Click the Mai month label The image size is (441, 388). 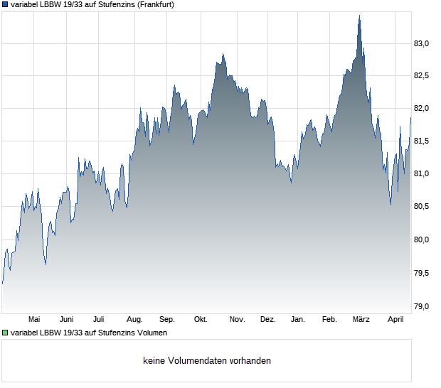click(33, 320)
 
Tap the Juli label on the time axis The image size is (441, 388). click(99, 320)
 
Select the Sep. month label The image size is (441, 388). click(167, 320)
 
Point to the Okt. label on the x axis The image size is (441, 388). click(201, 320)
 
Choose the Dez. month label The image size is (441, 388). click(267, 320)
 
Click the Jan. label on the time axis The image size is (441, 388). click(298, 320)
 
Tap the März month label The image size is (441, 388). click(361, 320)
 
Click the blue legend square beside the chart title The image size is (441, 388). click(5, 4)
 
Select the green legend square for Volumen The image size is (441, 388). click(5, 333)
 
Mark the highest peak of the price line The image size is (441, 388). click(359, 16)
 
